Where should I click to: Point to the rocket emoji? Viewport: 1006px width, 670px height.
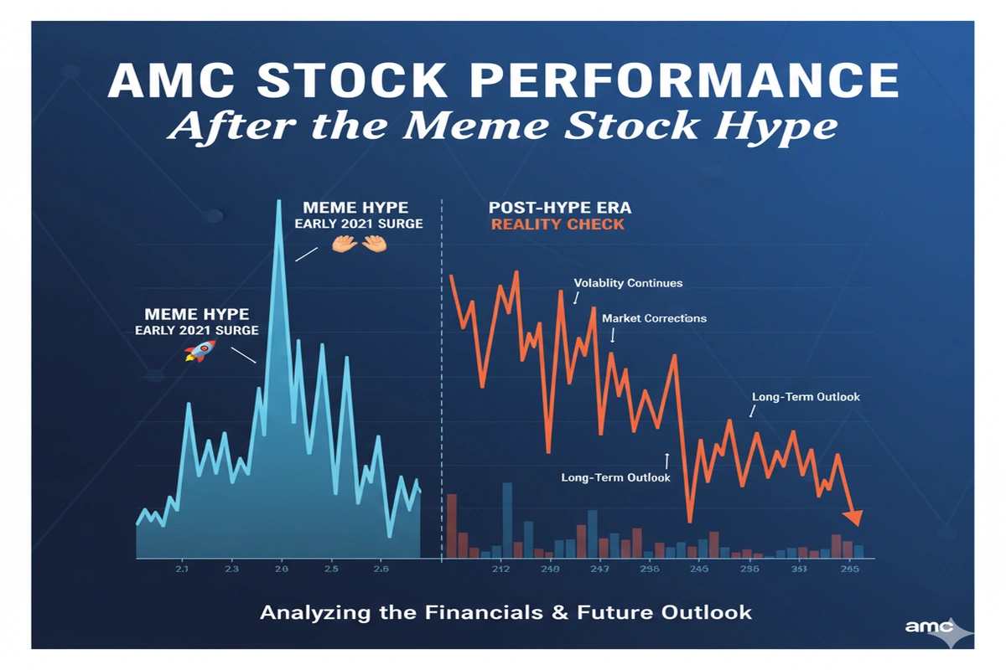pos(199,350)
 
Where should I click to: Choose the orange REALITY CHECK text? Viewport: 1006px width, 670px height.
pos(557,224)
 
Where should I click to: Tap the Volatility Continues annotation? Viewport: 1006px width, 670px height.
pos(628,283)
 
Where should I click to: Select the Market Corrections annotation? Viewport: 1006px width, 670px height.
pos(654,318)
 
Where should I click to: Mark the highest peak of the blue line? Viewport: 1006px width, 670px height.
pos(278,203)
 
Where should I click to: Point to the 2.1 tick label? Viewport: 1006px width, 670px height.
pos(183,569)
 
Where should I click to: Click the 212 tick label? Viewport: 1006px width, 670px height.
pos(500,570)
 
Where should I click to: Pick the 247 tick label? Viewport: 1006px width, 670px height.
pos(599,570)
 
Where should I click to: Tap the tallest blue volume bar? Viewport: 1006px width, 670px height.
pos(506,520)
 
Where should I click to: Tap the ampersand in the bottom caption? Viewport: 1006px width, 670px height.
pos(559,612)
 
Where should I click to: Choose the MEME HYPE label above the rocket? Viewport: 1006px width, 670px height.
pos(196,314)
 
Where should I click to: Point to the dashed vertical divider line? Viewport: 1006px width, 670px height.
pos(441,377)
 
